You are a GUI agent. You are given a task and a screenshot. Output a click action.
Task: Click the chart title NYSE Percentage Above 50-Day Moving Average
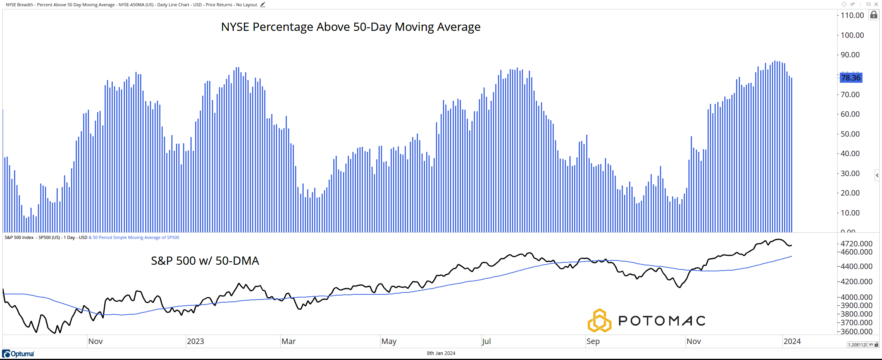click(350, 27)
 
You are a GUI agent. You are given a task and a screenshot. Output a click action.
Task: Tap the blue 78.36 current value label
click(851, 78)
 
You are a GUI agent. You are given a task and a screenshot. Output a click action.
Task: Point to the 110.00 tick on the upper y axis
click(852, 15)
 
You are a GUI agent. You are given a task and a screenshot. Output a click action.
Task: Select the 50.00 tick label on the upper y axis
click(850, 134)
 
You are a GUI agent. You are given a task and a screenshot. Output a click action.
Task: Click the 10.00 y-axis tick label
click(850, 213)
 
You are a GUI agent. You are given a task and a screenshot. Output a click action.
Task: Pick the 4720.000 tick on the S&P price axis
click(856, 244)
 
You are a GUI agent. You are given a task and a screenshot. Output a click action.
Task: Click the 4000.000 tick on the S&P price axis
click(856, 297)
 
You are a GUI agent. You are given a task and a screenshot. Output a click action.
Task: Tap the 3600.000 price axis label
click(856, 331)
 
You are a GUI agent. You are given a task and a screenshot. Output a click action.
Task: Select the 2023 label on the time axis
click(195, 341)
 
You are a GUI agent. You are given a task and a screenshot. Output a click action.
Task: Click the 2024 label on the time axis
click(792, 341)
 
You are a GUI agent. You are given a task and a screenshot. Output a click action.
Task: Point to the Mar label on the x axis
click(288, 341)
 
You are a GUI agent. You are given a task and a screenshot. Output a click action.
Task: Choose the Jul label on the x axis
click(486, 341)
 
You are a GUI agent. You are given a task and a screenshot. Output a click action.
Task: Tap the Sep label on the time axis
click(593, 341)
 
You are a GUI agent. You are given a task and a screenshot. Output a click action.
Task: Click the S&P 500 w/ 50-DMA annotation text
click(205, 261)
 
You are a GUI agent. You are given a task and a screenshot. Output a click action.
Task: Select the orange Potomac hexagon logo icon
click(599, 321)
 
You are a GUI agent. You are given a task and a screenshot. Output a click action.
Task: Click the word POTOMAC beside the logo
click(662, 321)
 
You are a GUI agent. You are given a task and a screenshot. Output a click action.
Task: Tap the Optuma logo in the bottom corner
click(18, 354)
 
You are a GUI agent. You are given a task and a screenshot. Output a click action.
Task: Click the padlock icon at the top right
click(874, 15)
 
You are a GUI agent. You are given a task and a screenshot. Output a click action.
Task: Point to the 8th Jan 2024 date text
click(441, 353)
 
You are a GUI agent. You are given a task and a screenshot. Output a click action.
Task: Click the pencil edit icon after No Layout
click(263, 5)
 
